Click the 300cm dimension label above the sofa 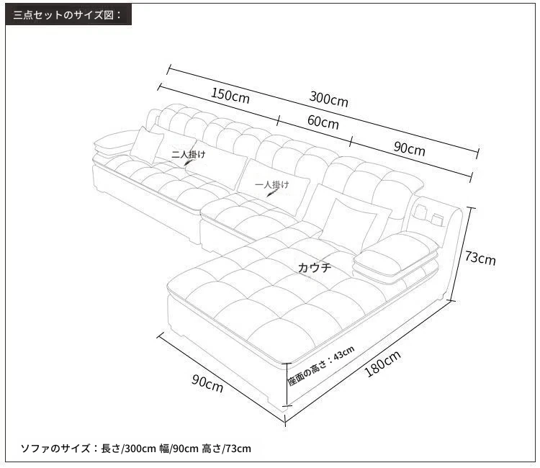[x=328, y=99]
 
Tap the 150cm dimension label [x=230, y=95]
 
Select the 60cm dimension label [x=323, y=122]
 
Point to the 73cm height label [x=480, y=258]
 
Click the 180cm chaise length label [x=382, y=364]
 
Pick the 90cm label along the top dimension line [x=409, y=148]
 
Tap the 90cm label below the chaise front [x=207, y=383]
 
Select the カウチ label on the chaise [x=315, y=267]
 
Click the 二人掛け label [x=189, y=154]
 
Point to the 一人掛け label [x=272, y=185]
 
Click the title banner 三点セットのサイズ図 [x=68, y=15]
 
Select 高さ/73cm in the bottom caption [x=226, y=449]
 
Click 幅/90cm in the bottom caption [x=179, y=449]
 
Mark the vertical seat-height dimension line [x=287, y=384]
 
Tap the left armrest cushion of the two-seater [x=114, y=141]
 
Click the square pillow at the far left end [x=147, y=145]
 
